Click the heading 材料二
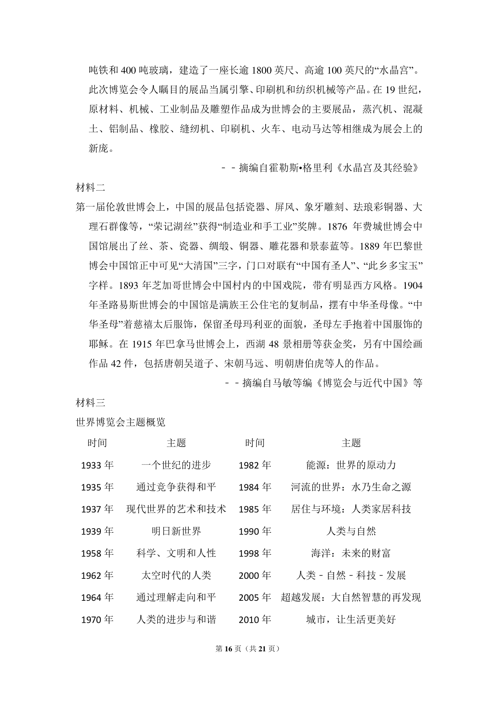90,187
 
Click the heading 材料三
90,402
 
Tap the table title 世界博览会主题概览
121,422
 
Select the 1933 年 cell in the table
97,465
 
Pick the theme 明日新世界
176,531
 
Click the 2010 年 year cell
255,620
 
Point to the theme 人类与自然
351,531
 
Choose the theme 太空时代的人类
176,575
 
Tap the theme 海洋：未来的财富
351,553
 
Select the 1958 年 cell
97,553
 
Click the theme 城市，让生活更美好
351,620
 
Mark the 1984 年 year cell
255,487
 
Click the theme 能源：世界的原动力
351,465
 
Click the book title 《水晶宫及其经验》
378,168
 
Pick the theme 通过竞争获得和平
176,487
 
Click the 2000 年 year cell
255,575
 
